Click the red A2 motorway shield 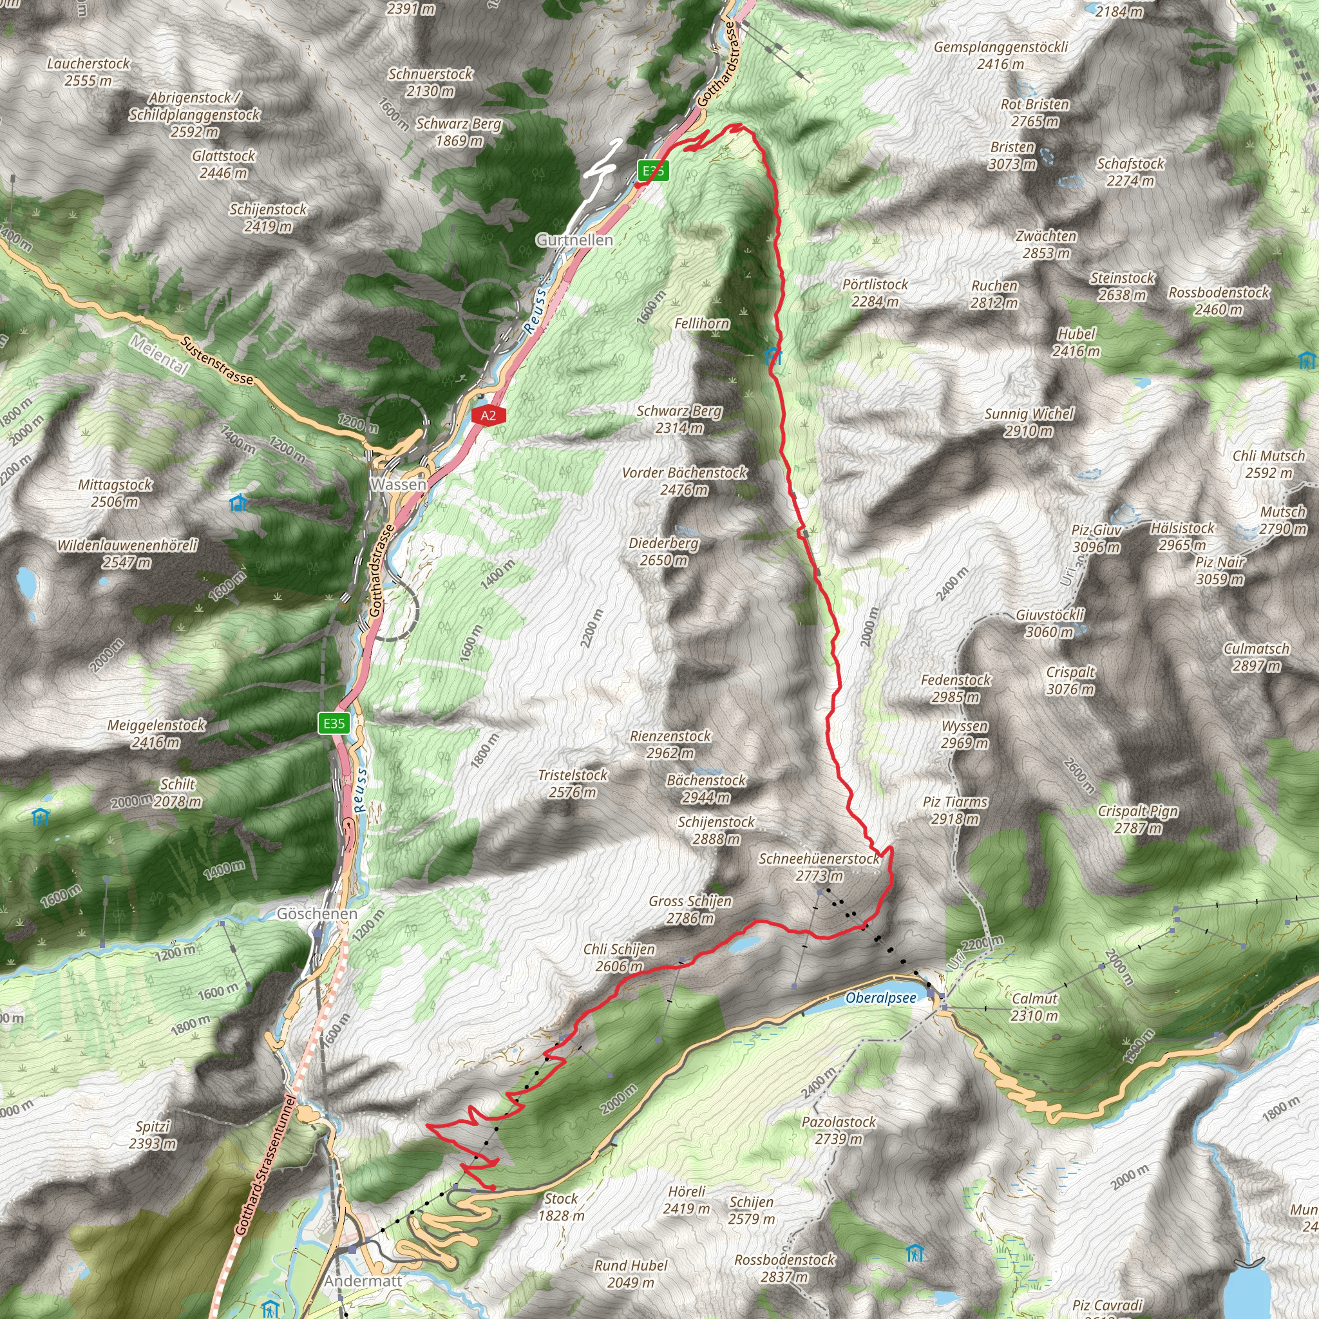[x=488, y=415]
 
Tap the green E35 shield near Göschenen [x=334, y=724]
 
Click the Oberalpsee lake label [x=880, y=998]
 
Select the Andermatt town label [x=363, y=1281]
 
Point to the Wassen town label [x=399, y=484]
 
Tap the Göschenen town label [x=317, y=913]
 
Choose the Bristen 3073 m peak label [x=1012, y=156]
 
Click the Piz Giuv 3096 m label [x=1096, y=538]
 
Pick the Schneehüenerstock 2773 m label [x=819, y=867]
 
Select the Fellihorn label [x=702, y=323]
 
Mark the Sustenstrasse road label [x=217, y=361]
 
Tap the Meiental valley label [x=159, y=355]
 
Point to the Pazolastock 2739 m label [x=839, y=1130]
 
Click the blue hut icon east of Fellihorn [x=772, y=354]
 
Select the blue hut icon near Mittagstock [x=238, y=503]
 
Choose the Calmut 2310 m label [x=1034, y=1007]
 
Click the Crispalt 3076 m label [x=1070, y=681]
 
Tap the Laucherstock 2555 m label [x=88, y=71]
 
